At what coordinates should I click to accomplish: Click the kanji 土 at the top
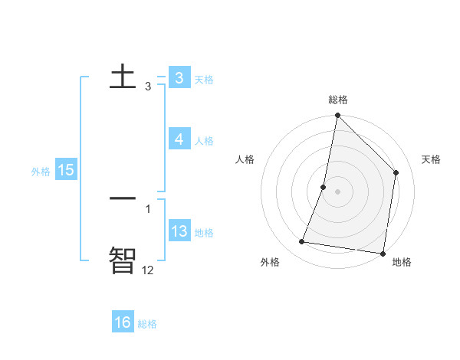click(123, 76)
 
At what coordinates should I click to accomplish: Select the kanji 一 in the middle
click(123, 198)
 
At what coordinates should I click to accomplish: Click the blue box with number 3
click(179, 78)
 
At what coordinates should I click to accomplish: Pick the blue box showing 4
click(179, 139)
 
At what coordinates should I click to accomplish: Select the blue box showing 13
click(179, 231)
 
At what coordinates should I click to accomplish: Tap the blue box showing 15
click(66, 170)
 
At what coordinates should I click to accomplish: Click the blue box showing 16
click(123, 322)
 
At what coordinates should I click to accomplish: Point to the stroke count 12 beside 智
click(147, 270)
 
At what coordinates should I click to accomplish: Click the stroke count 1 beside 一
click(148, 208)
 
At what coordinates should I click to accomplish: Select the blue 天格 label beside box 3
click(204, 80)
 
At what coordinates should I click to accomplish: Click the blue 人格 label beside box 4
click(204, 141)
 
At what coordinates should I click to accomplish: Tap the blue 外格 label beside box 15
click(41, 172)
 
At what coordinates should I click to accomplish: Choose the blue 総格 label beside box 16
click(147, 324)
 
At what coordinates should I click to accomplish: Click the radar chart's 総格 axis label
click(338, 100)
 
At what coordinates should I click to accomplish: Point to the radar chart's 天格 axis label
click(432, 159)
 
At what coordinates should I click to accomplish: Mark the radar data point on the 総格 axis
click(338, 116)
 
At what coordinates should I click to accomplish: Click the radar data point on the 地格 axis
click(383, 253)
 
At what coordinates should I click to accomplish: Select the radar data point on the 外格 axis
click(302, 242)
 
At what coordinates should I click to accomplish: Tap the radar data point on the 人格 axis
click(324, 187)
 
